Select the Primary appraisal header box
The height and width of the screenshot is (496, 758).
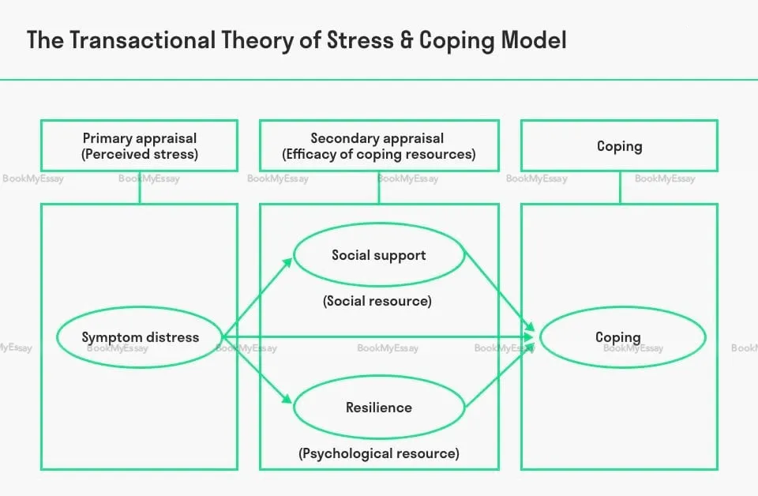click(x=139, y=146)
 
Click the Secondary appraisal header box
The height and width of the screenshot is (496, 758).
click(x=378, y=146)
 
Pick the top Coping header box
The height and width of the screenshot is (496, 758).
click(x=619, y=146)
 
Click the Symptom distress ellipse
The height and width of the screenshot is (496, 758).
click(x=140, y=337)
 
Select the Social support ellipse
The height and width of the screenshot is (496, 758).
click(x=378, y=255)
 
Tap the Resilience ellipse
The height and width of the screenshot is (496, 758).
click(x=378, y=408)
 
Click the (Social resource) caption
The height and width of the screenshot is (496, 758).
click(x=378, y=301)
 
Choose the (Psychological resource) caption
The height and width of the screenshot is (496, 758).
click(x=378, y=453)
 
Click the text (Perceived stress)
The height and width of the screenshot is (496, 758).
click(x=139, y=155)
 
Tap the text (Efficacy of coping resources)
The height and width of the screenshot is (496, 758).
click(x=378, y=155)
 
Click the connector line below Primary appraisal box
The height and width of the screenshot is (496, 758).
click(x=140, y=187)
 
